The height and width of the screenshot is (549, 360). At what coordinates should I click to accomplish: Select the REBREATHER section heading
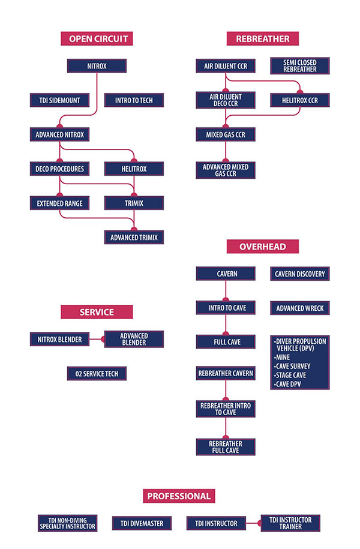263,39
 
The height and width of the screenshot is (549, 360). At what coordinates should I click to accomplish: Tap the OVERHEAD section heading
262,247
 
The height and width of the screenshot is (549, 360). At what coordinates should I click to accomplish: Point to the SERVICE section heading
97,312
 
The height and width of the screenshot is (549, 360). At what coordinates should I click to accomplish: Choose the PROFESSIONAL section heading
179,496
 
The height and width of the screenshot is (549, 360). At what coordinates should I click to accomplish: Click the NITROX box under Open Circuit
97,66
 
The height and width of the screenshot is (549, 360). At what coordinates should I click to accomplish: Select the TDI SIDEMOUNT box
59,100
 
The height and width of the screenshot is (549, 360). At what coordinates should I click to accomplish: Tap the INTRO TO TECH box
134,100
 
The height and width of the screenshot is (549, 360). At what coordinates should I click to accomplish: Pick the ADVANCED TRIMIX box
134,238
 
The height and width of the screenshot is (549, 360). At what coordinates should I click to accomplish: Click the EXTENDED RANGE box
59,203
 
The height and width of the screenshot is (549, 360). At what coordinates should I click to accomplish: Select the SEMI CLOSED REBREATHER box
299,66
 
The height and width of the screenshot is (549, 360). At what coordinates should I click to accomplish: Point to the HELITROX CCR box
299,100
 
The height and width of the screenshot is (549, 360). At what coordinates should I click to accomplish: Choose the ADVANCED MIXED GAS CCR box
226,170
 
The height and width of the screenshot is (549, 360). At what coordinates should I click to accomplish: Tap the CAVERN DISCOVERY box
299,274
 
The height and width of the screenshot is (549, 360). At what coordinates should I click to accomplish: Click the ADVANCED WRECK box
299,308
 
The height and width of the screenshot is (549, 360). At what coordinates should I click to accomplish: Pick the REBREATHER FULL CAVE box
226,447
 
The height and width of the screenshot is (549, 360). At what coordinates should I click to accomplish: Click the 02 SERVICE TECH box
97,374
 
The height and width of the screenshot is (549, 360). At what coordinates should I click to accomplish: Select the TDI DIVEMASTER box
142,523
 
